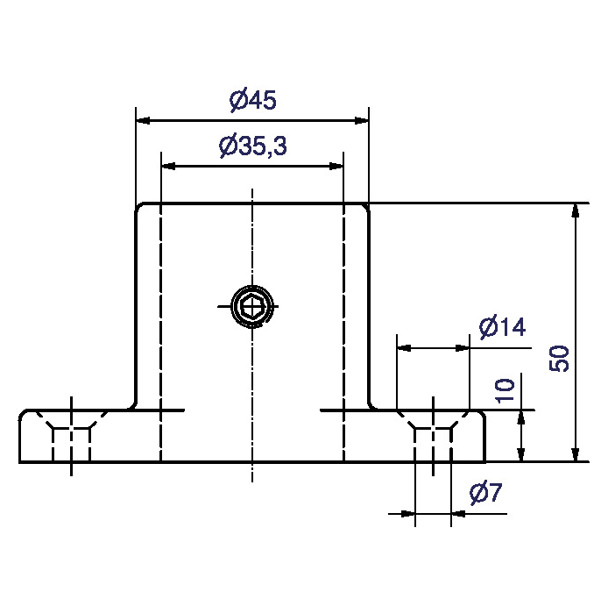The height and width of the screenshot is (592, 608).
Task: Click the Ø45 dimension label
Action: (x=252, y=101)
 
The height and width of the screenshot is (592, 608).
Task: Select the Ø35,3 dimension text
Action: (x=251, y=147)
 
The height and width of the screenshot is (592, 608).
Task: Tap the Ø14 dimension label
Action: (x=501, y=328)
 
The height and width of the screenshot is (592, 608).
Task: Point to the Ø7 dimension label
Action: (x=485, y=495)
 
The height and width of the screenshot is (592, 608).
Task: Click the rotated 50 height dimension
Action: (x=560, y=358)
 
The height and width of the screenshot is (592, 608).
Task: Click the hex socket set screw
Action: (x=252, y=306)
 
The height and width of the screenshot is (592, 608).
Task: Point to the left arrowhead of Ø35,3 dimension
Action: (x=168, y=165)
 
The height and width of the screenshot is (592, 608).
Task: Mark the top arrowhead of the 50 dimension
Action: (x=575, y=211)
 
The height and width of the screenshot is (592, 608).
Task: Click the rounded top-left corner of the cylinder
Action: (x=138, y=208)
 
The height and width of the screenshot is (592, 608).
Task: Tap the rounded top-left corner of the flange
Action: (x=24, y=413)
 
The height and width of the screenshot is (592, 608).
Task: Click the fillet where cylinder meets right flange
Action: (x=371, y=404)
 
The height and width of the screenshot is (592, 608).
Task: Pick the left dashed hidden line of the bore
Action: (x=161, y=333)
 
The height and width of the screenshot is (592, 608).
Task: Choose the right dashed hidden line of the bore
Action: (x=343, y=333)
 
